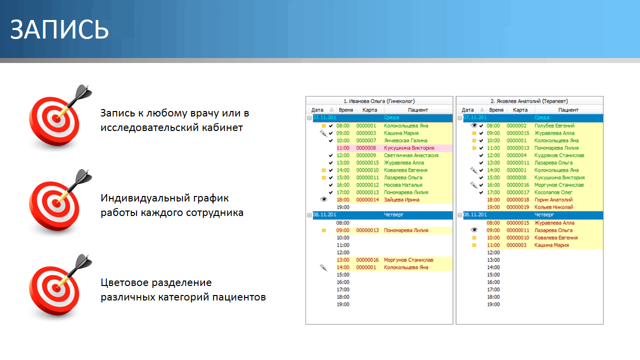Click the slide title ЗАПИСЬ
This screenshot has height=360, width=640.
tap(59, 30)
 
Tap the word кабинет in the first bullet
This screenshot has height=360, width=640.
tap(219, 127)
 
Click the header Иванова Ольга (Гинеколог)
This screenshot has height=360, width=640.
tap(379, 101)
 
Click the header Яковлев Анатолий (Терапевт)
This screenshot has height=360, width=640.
tap(529, 101)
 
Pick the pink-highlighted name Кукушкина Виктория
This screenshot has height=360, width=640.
tap(409, 148)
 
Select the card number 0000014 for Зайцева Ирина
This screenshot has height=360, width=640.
tap(367, 200)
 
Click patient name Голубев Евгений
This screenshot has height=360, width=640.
tap(554, 126)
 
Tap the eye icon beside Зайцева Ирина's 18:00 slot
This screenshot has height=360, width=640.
tap(323, 199)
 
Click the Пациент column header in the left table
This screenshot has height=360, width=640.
tap(417, 110)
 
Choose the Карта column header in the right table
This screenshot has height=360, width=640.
tap(520, 110)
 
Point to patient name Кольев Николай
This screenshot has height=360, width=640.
tap(553, 207)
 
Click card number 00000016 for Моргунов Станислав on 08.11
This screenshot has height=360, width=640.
tap(367, 260)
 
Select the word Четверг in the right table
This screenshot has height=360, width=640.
tap(544, 214)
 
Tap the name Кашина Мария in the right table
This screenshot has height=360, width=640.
tap(551, 245)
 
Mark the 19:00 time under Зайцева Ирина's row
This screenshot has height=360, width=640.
tap(343, 207)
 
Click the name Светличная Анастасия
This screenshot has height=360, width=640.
tap(411, 155)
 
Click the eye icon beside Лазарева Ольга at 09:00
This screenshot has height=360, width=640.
tap(474, 230)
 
